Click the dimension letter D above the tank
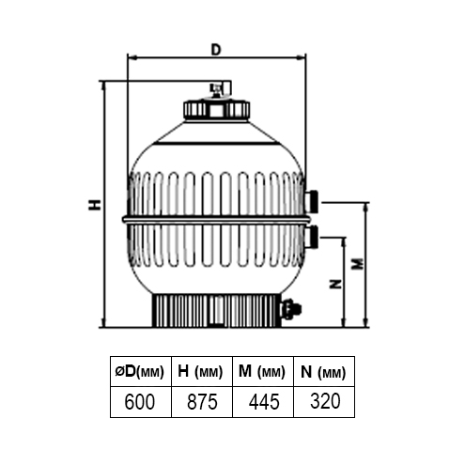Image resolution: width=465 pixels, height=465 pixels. [x=216, y=50]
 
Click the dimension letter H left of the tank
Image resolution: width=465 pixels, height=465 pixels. [x=95, y=205]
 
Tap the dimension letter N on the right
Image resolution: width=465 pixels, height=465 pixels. [x=335, y=284]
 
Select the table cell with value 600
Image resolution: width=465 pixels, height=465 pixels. [x=141, y=402]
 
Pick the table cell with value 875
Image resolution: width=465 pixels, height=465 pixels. [x=202, y=402]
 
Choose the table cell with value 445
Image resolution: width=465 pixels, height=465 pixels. [x=263, y=402]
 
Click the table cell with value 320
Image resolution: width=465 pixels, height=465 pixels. [x=324, y=402]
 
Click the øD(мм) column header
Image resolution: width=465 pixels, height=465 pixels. [x=141, y=371]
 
